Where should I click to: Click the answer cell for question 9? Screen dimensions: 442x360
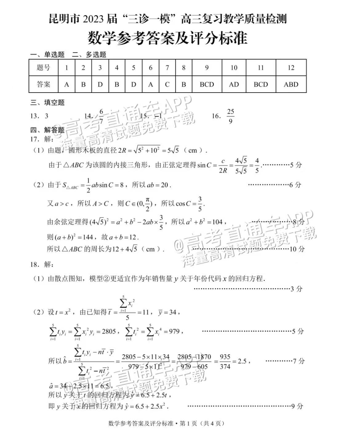click(x=207, y=84)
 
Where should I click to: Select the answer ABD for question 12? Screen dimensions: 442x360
click(x=291, y=84)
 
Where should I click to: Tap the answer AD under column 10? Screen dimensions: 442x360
click(x=234, y=84)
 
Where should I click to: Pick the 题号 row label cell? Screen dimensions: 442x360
click(x=43, y=67)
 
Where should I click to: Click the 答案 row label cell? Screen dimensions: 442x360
click(x=43, y=84)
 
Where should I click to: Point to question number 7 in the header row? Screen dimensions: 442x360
click(x=167, y=67)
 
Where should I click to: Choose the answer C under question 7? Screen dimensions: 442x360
click(x=167, y=84)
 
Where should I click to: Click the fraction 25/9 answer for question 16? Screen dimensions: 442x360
click(x=230, y=116)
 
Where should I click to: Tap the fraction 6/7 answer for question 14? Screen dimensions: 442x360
click(x=101, y=116)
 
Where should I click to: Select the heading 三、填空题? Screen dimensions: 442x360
click(x=47, y=102)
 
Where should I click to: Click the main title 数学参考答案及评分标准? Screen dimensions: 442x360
click(x=168, y=38)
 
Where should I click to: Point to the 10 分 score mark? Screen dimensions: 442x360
click(x=297, y=249)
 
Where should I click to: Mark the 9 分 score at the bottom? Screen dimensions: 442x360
click(x=297, y=406)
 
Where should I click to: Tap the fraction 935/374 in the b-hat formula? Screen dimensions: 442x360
click(x=225, y=361)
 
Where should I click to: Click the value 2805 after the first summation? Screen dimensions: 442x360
click(x=109, y=331)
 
